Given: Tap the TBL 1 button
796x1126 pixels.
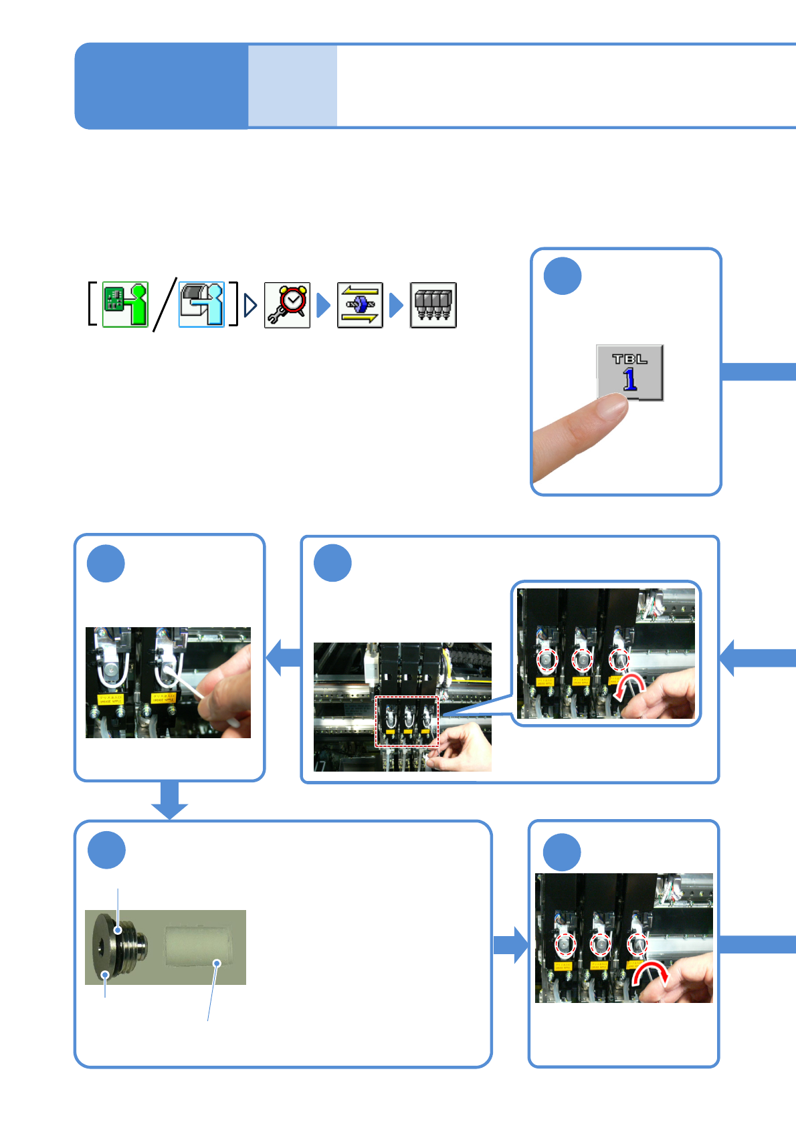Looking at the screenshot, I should click(629, 372).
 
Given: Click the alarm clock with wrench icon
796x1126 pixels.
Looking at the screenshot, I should click(287, 305).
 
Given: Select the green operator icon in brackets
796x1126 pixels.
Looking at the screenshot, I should click(125, 304).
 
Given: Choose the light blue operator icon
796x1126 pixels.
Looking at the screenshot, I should click(201, 304).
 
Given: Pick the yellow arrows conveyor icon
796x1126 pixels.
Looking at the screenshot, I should click(360, 305).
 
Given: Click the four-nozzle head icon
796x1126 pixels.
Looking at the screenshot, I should click(433, 305).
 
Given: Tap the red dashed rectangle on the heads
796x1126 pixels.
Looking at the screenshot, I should click(407, 721).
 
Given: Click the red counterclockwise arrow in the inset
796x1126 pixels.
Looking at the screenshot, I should click(629, 687).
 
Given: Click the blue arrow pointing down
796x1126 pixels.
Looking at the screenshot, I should click(169, 800).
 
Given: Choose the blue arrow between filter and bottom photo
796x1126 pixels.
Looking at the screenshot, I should click(510, 945).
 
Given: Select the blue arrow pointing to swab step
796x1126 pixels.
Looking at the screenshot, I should click(284, 657).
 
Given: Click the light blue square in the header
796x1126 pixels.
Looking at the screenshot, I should click(292, 86).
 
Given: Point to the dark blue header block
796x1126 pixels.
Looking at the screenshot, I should click(161, 86).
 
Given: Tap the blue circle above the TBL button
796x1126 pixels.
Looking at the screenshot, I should click(563, 275).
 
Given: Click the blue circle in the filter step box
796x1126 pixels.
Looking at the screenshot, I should click(106, 850).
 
